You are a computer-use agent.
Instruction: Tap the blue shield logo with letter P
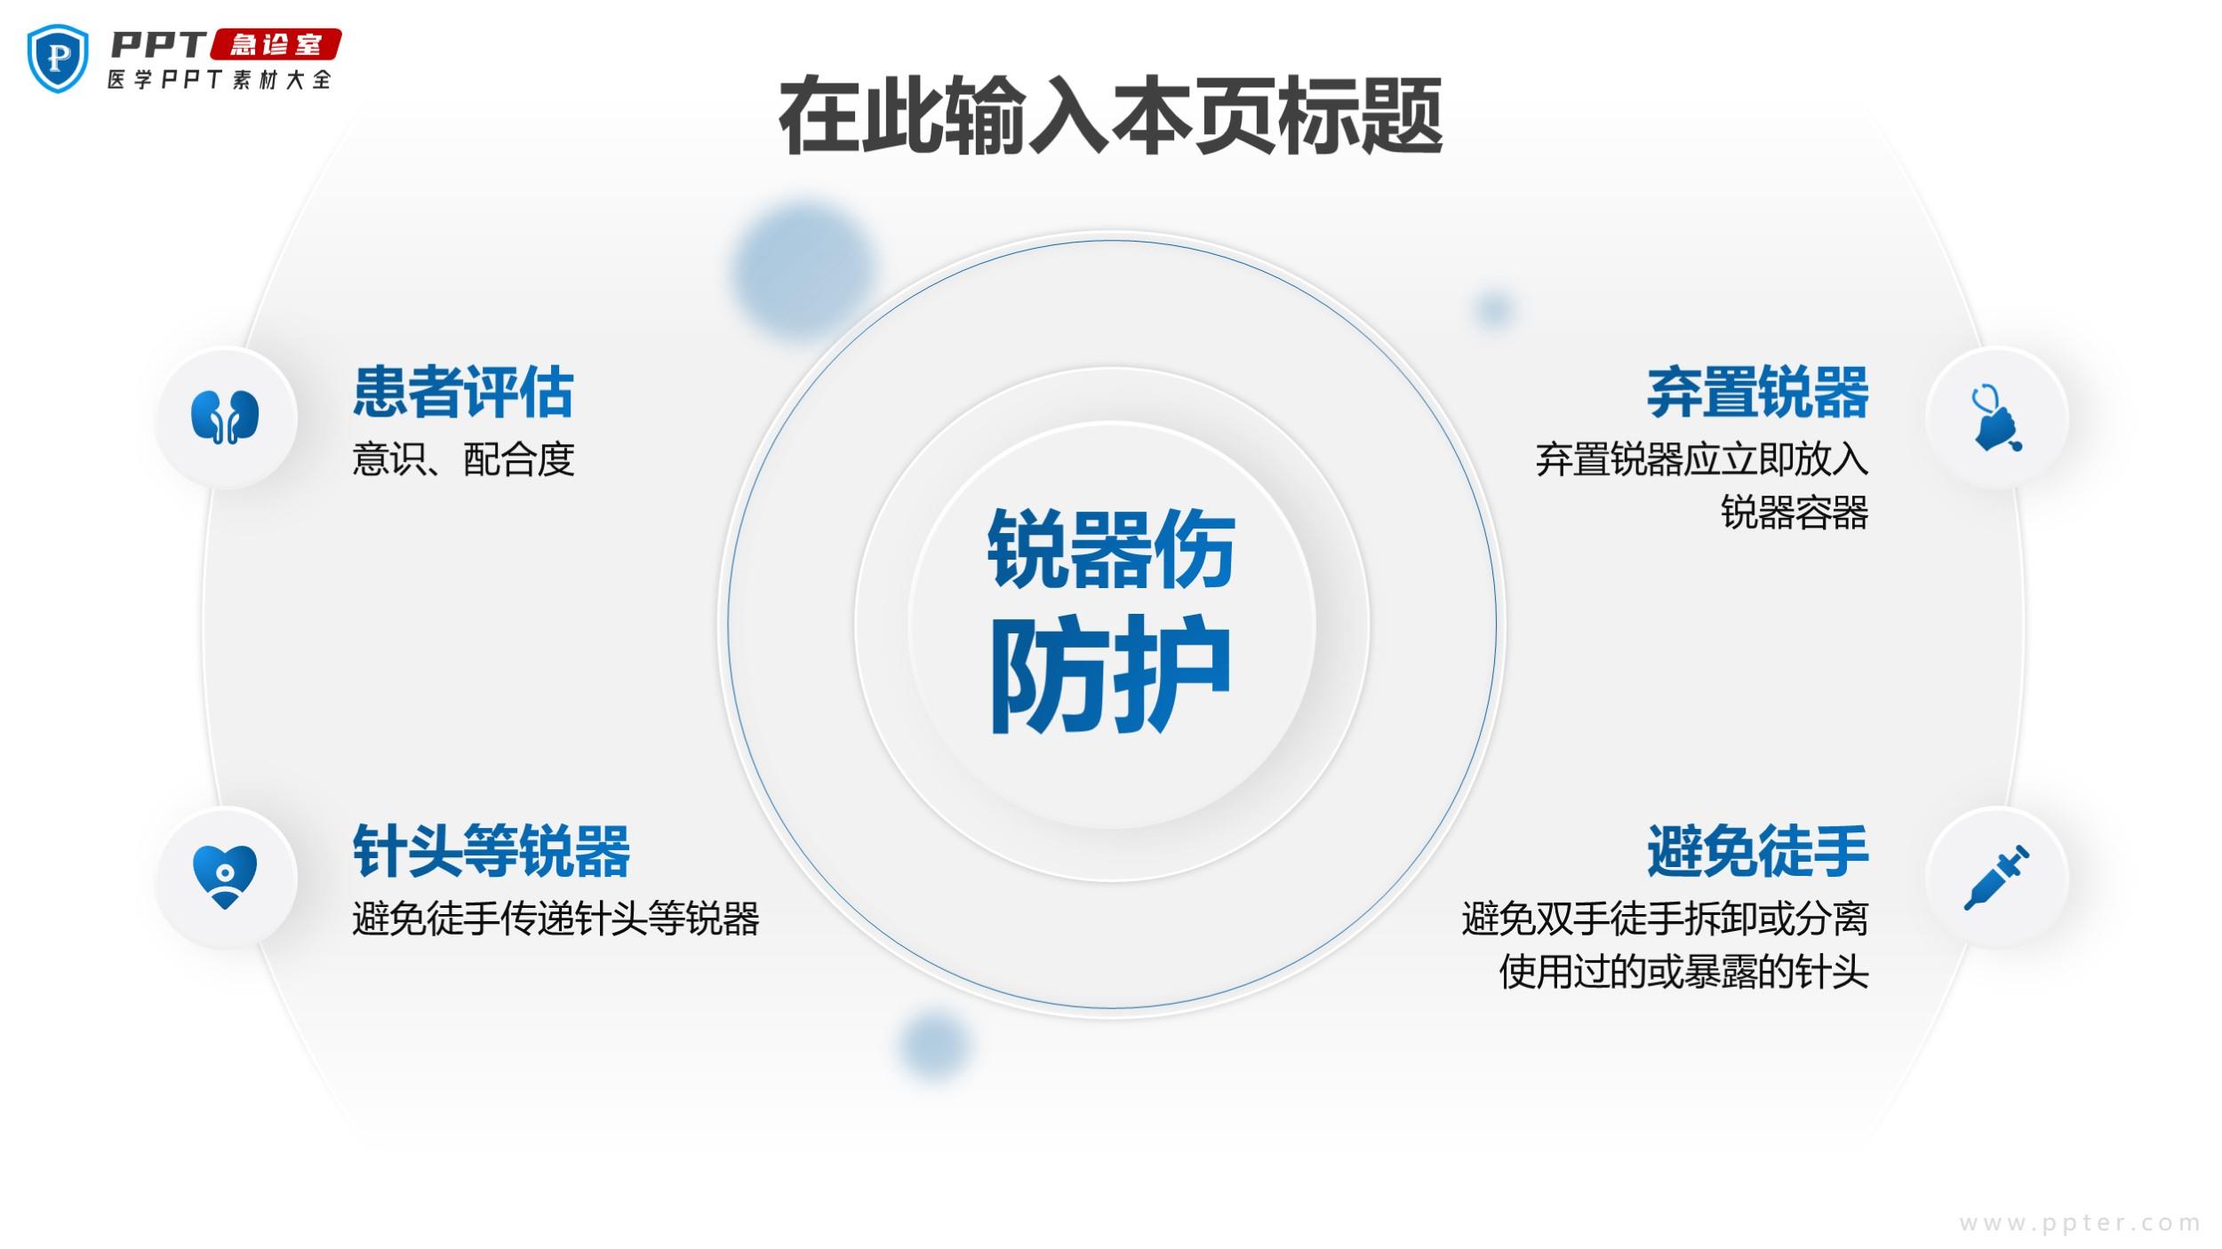click(x=59, y=58)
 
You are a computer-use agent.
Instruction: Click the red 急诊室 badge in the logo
click(x=276, y=44)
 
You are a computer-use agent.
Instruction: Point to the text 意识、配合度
click(x=463, y=459)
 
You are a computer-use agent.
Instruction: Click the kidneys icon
click(x=225, y=416)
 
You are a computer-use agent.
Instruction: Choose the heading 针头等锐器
click(x=492, y=850)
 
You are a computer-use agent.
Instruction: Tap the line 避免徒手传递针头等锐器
click(x=556, y=919)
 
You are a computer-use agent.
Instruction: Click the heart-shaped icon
click(x=225, y=876)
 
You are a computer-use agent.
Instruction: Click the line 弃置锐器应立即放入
click(x=1702, y=459)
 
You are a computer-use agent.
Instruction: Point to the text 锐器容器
click(x=1794, y=513)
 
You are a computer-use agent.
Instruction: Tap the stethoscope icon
click(x=1996, y=417)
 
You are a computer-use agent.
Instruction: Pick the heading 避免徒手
click(x=1757, y=850)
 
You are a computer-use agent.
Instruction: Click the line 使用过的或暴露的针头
click(x=1684, y=972)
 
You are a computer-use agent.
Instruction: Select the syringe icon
click(x=1996, y=877)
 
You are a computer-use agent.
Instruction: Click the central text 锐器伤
click(x=1111, y=549)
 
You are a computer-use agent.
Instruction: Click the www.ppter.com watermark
click(x=2080, y=1223)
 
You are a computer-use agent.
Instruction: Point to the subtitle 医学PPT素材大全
click(x=220, y=79)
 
